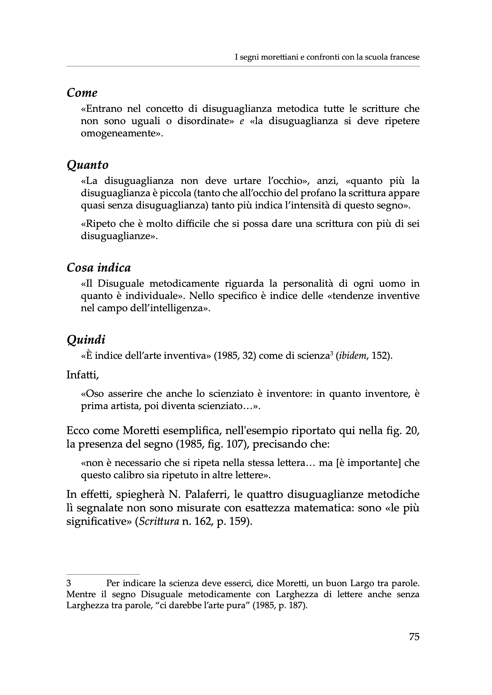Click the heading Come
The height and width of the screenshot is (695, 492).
[82, 92]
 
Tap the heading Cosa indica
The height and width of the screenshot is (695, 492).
[99, 268]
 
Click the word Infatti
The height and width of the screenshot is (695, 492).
[82, 375]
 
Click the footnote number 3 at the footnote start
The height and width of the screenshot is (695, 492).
[69, 583]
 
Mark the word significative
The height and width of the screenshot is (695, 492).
[98, 522]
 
